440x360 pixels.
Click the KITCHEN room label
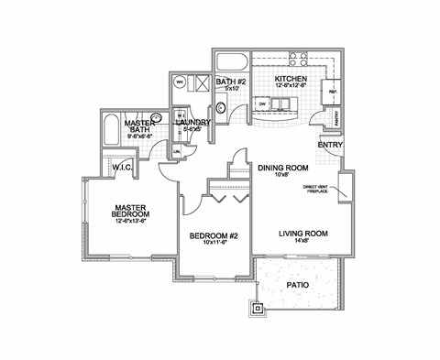pos(291,80)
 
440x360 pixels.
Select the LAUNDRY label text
pos(193,122)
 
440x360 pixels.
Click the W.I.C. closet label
pos(123,168)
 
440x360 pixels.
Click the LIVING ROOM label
pos(302,234)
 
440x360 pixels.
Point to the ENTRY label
pos(330,145)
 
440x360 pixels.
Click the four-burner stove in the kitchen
pos(299,60)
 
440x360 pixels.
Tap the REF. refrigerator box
pos(331,93)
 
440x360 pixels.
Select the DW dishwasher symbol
pos(262,104)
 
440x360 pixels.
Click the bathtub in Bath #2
pos(229,63)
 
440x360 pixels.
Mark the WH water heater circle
pos(180,82)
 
